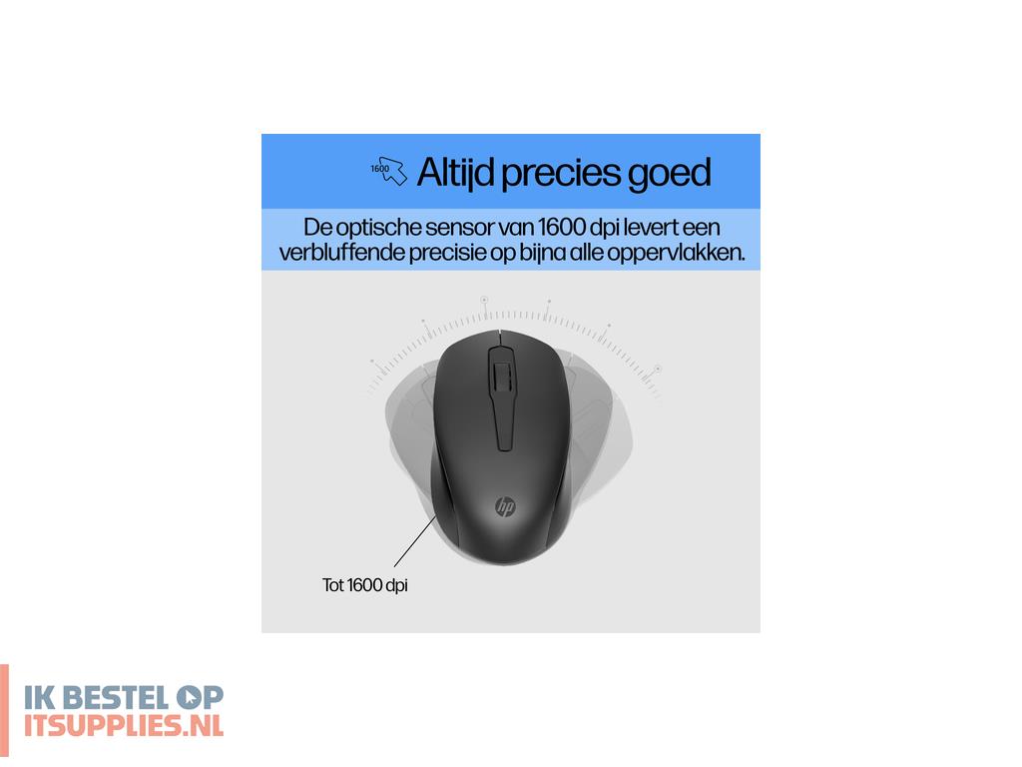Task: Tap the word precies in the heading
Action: (x=561, y=173)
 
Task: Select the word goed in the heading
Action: (x=670, y=173)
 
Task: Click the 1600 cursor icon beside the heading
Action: (x=389, y=171)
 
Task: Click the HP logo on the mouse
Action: (x=505, y=507)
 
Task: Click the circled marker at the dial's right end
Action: (x=658, y=369)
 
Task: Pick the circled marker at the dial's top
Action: (x=484, y=299)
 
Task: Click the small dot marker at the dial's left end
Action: (x=371, y=361)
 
